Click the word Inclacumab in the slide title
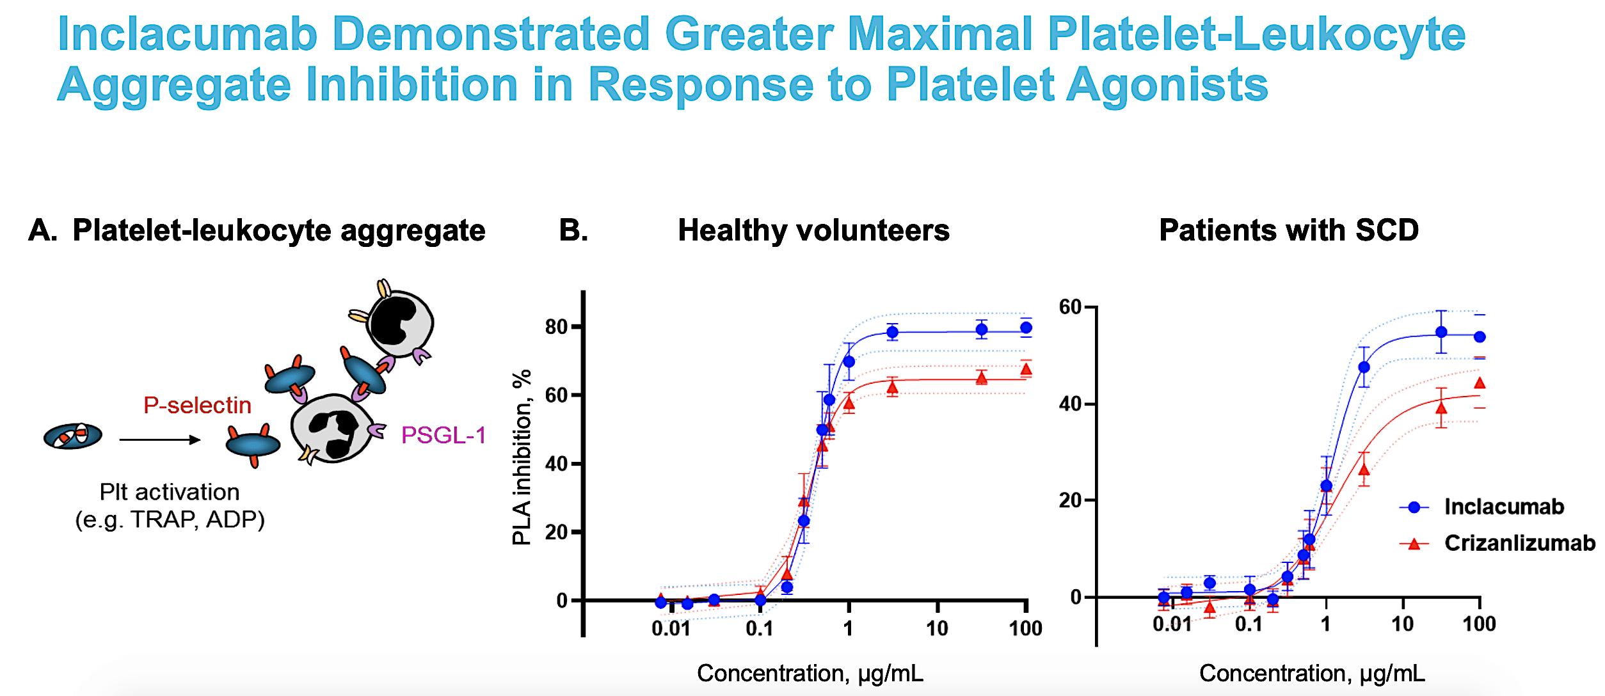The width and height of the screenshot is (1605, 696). pyautogui.click(x=188, y=35)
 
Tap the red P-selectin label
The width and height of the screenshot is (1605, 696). pyautogui.click(x=197, y=406)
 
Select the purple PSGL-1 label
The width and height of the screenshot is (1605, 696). pyautogui.click(x=443, y=436)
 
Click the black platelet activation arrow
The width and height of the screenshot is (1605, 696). pyautogui.click(x=160, y=439)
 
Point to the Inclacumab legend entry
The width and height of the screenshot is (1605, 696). pyautogui.click(x=1503, y=507)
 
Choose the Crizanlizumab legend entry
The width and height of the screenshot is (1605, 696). pyautogui.click(x=1519, y=543)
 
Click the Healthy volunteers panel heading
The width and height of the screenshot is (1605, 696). pyautogui.click(x=813, y=230)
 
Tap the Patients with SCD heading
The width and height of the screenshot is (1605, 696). pyautogui.click(x=1289, y=230)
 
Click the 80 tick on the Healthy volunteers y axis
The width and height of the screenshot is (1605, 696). pyautogui.click(x=556, y=327)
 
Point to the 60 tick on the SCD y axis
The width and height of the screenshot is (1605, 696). pyautogui.click(x=1070, y=307)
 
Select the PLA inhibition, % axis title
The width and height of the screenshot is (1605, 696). pyautogui.click(x=522, y=457)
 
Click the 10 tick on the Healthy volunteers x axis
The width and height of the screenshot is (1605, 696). pyautogui.click(x=937, y=629)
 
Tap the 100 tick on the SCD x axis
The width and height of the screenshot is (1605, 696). pyautogui.click(x=1479, y=624)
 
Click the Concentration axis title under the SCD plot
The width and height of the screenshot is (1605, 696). pyautogui.click(x=1312, y=674)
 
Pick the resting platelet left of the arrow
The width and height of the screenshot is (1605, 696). pyautogui.click(x=73, y=436)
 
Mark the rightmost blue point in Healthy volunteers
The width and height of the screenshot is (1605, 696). pyautogui.click(x=1026, y=328)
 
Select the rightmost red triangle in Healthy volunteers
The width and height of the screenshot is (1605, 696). pyautogui.click(x=1026, y=370)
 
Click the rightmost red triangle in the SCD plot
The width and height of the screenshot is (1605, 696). pyautogui.click(x=1480, y=383)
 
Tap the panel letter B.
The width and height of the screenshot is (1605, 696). pyautogui.click(x=573, y=230)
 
